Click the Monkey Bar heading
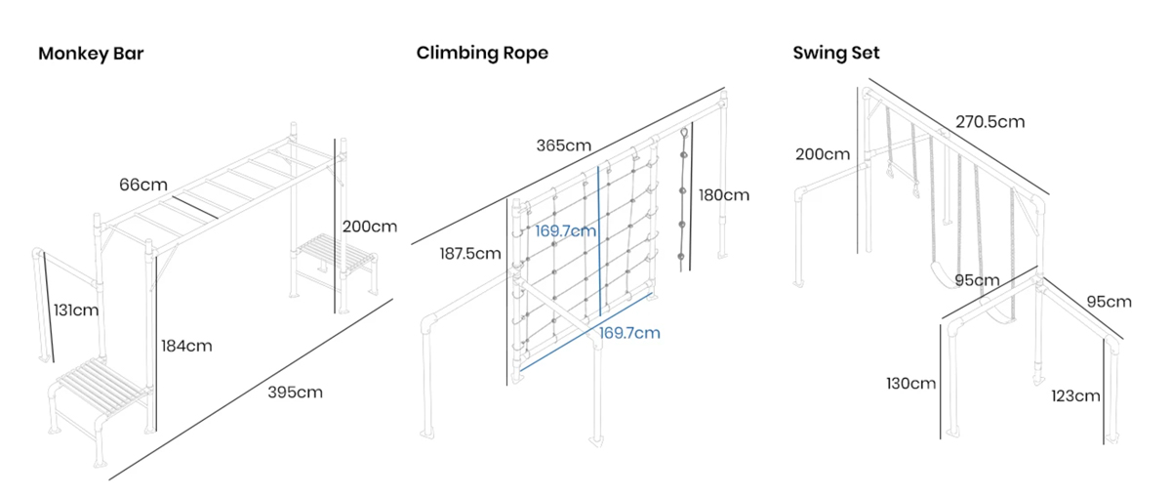coord(91,54)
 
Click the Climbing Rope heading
coord(482,53)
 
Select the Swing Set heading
coord(836,53)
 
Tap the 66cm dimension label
coord(143,184)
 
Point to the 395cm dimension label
coord(295,393)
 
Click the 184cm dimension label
coord(184,346)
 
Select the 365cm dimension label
coord(563,145)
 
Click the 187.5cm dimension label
coord(470,254)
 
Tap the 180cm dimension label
coord(723,194)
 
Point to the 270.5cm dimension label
coord(989,122)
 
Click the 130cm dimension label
coord(910,383)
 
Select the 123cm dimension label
coord(1076,395)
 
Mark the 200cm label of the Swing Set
coord(823,154)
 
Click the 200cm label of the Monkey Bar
coord(370,227)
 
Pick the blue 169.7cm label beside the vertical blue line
coord(565,231)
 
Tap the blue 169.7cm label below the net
coord(629,333)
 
